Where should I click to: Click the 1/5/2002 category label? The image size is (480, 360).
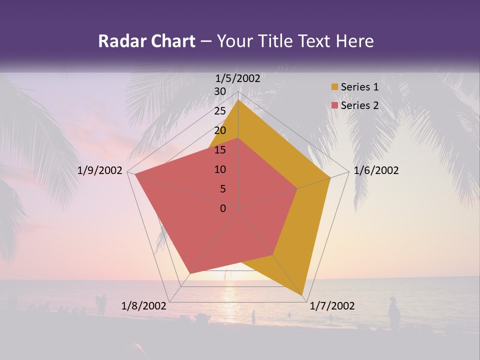pos(238,78)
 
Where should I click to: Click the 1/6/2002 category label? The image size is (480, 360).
pos(376,170)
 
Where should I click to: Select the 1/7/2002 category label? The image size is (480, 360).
pos(332,306)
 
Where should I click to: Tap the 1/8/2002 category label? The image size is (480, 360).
pos(144,306)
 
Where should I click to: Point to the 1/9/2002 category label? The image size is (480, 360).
pos(100,170)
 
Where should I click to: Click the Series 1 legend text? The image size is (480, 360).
pos(359,87)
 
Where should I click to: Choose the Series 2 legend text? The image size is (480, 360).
pos(359,105)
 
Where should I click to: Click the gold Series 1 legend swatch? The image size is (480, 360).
pos(334,87)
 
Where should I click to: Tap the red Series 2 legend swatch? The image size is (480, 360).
pos(334,105)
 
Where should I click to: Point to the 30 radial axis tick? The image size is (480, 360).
pos(220,91)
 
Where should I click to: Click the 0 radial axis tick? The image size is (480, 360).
pos(223,208)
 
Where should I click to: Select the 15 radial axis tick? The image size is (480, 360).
pos(220,150)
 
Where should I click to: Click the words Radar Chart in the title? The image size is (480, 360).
pos(146,41)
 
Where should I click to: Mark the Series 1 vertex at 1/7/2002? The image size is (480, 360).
pos(303,295)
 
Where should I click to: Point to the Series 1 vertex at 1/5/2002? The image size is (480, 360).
pos(238,100)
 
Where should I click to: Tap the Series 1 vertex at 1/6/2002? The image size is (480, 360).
pos(330,177)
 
